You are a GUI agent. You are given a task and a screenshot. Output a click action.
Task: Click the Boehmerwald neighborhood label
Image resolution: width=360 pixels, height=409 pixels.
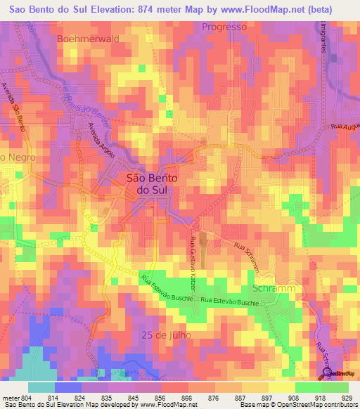point(89,39)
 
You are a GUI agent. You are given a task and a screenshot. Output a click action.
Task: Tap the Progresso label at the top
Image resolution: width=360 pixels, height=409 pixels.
point(224,27)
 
